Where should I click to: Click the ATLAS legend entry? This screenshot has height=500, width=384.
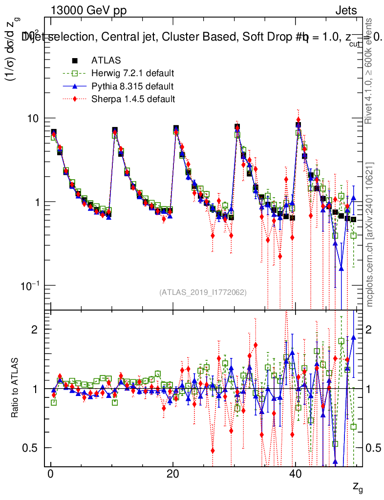[x=103, y=61]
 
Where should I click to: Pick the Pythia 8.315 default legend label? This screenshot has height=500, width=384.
[x=132, y=86]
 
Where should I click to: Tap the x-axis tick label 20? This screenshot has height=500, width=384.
[x=172, y=475]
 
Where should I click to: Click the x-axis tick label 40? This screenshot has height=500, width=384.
[x=294, y=475]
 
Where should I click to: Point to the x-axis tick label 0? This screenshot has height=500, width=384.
[x=51, y=475]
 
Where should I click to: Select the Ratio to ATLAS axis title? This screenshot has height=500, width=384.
[x=15, y=388]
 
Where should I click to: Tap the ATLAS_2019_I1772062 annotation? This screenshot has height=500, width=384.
[x=203, y=292]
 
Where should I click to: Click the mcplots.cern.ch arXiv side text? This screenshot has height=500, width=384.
[x=370, y=234]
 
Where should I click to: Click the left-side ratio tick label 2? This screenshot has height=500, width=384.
[x=35, y=330]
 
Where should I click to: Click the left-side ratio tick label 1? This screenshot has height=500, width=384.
[x=35, y=389]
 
